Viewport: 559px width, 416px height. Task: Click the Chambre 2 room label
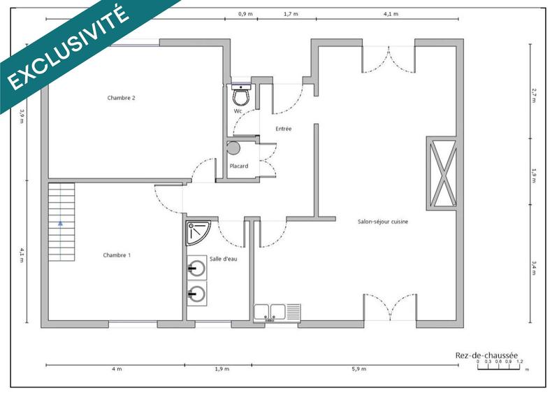tap(121, 98)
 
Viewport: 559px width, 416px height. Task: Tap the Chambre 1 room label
tap(117, 255)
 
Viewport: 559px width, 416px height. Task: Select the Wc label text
tap(238, 111)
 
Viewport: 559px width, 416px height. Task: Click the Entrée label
tap(283, 129)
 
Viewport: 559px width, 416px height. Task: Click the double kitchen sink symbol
tap(277, 313)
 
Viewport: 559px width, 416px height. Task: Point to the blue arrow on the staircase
tap(61, 224)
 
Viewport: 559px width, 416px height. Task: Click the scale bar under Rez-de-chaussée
tap(500, 366)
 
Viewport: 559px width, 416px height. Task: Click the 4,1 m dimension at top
tap(391, 14)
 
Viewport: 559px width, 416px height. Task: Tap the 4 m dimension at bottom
tap(116, 369)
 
